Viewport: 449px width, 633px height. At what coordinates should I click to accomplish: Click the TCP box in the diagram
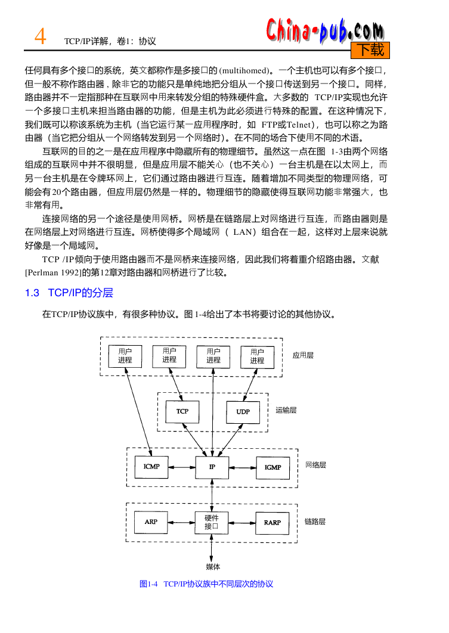(182, 411)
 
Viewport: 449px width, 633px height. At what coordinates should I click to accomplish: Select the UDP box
(243, 412)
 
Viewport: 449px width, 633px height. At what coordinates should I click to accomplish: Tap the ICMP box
(151, 467)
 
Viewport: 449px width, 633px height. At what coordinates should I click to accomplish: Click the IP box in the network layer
(212, 467)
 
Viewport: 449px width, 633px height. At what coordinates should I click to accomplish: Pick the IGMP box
(273, 467)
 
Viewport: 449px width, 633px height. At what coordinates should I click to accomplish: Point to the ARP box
(151, 522)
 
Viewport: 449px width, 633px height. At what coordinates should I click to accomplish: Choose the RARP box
(273, 523)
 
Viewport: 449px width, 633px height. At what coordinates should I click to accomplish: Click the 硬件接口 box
(212, 522)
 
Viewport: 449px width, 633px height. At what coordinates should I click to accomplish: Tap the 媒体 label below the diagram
(213, 567)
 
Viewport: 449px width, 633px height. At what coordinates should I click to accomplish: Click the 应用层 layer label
(303, 355)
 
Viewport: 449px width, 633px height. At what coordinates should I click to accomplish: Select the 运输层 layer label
(286, 410)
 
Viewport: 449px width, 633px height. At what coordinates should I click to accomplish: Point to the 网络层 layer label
(316, 465)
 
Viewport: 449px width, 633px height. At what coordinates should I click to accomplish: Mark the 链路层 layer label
(315, 522)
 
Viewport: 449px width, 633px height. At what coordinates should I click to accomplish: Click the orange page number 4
(40, 37)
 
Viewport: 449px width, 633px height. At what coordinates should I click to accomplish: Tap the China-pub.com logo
(325, 30)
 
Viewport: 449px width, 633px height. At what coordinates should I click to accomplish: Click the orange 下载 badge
(370, 50)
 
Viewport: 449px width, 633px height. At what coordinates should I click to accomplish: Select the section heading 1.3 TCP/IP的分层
(69, 293)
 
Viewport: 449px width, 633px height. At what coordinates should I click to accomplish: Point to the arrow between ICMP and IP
(182, 467)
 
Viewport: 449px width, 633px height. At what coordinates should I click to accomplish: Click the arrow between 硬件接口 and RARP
(242, 523)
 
